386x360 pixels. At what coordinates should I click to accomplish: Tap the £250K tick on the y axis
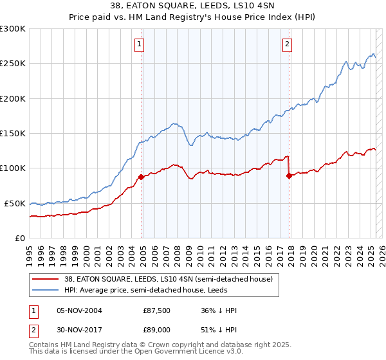(x=14, y=64)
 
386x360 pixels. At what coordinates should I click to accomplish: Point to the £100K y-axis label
(x=14, y=168)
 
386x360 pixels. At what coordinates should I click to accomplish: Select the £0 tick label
(x=21, y=238)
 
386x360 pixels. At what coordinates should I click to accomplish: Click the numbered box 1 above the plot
(x=139, y=44)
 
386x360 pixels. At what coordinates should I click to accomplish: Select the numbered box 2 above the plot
(x=286, y=44)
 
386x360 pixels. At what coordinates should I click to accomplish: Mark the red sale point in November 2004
(x=141, y=177)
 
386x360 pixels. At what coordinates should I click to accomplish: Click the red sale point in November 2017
(x=289, y=175)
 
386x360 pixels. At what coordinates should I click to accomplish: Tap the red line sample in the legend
(x=46, y=279)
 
